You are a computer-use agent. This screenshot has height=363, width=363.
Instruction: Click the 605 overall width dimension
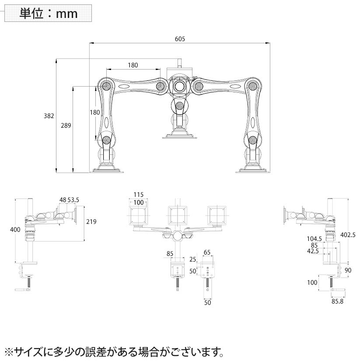(x=180, y=38)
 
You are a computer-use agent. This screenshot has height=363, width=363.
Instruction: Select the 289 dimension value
(x=66, y=126)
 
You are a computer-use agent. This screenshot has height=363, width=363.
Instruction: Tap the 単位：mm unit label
(x=48, y=13)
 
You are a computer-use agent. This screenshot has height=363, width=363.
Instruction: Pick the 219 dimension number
(x=91, y=221)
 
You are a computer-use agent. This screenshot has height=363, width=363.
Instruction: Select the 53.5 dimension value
(x=73, y=200)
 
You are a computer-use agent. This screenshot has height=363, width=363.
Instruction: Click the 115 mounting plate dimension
(x=139, y=194)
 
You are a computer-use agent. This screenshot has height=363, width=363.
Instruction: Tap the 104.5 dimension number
(x=314, y=239)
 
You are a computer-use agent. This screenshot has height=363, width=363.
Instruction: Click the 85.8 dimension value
(x=337, y=301)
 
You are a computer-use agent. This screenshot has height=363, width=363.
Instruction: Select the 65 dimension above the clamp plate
(x=207, y=252)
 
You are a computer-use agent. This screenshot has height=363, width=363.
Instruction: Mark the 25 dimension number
(x=193, y=260)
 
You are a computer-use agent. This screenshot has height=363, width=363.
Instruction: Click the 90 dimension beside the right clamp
(x=348, y=270)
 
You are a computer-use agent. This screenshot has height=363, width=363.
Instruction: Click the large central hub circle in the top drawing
(x=179, y=86)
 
